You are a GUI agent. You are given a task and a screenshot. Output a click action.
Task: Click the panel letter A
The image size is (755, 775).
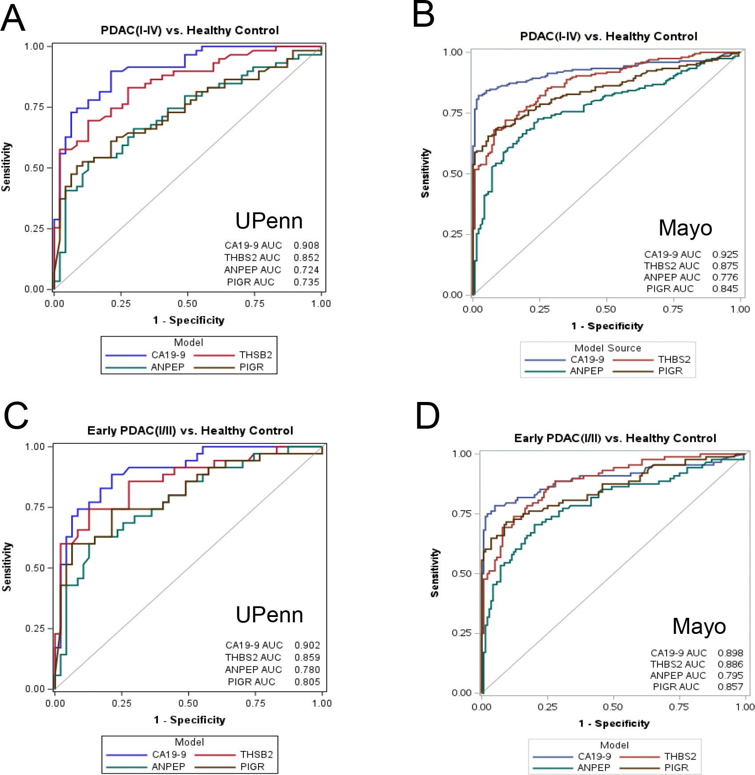13,19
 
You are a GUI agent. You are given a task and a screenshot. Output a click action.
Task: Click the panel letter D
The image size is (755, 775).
427,416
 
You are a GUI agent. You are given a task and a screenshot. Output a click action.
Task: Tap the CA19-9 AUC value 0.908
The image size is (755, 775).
306,245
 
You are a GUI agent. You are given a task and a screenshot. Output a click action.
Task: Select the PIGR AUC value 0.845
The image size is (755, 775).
725,288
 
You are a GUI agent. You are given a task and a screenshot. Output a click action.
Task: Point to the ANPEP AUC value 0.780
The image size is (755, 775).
307,670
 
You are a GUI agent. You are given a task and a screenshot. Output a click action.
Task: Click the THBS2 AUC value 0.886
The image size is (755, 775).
730,664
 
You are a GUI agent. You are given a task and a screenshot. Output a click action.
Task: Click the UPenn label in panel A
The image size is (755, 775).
269,221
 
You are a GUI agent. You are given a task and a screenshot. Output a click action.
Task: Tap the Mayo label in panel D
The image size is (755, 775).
699,626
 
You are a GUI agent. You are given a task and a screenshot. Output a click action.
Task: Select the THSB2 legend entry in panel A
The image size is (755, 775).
255,355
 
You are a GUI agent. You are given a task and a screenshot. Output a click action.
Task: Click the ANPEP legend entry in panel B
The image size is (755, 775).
586,371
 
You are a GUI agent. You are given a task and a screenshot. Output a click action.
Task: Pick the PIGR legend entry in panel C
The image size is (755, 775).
252,767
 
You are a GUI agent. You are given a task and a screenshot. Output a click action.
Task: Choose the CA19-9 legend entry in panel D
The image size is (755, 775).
594,756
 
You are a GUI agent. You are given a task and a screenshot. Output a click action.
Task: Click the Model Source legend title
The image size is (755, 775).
608,348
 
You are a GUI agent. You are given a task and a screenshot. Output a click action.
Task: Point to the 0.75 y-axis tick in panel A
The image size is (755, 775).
34,107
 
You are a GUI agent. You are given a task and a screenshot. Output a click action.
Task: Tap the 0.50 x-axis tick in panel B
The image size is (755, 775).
606,309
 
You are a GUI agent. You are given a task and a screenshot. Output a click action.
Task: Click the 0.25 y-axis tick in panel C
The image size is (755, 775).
35,628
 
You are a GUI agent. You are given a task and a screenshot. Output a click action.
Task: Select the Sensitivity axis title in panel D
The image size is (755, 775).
435,572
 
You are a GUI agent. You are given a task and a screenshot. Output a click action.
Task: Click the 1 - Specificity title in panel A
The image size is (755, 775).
189,320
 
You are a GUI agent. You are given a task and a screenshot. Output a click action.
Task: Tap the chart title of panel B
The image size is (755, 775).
608,37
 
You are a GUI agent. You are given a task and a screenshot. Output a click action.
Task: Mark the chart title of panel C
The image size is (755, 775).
190,430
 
